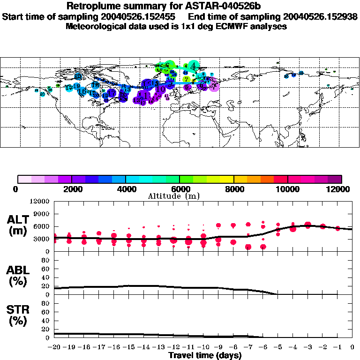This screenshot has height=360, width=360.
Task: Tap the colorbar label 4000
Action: click(x=125, y=189)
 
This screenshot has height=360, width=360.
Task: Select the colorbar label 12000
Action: click(x=341, y=189)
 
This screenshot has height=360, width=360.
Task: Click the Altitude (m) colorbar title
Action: click(x=180, y=195)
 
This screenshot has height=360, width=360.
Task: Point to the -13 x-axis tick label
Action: click(x=158, y=347)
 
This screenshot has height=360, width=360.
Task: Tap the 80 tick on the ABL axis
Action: click(x=46, y=261)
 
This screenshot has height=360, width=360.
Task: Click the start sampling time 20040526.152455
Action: click(x=135, y=16)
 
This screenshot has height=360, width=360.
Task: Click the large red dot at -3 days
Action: click(x=308, y=225)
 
